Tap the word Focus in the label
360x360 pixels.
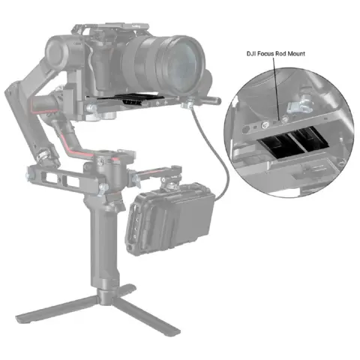tap(271, 54)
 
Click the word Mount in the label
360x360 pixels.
tap(306, 54)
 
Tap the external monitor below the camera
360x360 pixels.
tap(172, 217)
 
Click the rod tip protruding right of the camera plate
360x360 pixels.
tap(215, 100)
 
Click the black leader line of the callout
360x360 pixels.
tap(279, 86)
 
